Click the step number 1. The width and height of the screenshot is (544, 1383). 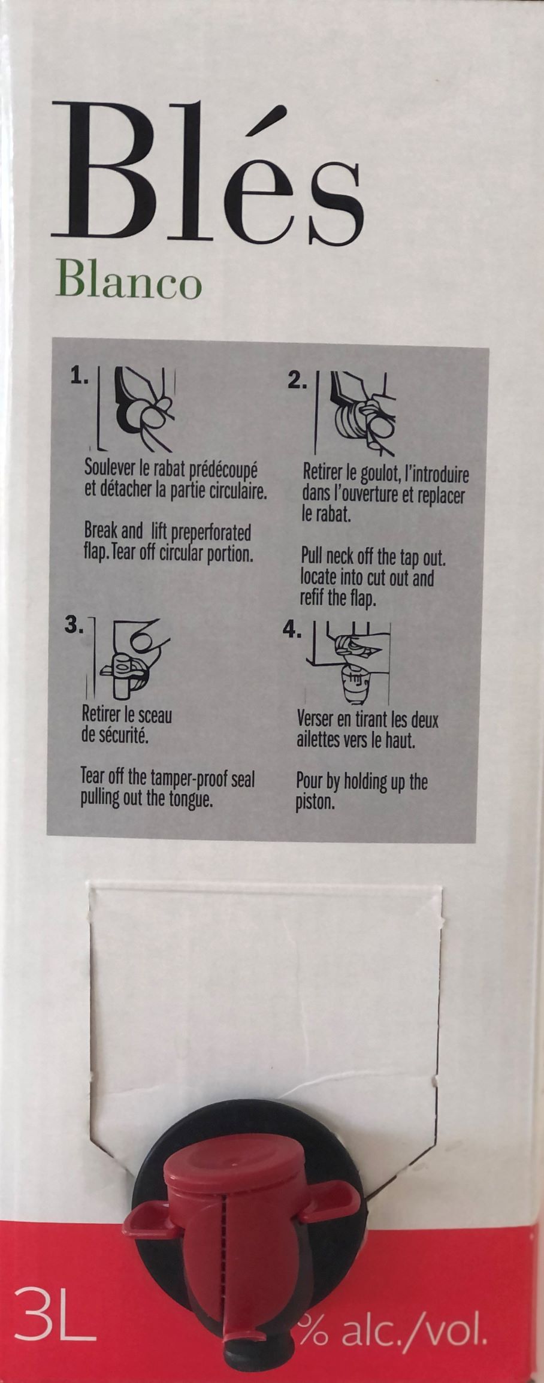tap(78, 376)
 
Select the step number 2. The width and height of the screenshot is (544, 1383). tap(297, 381)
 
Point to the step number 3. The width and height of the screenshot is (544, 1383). tap(75, 626)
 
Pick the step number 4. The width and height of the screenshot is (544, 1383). tap(292, 632)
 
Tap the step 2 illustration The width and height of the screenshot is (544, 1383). tap(355, 413)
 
